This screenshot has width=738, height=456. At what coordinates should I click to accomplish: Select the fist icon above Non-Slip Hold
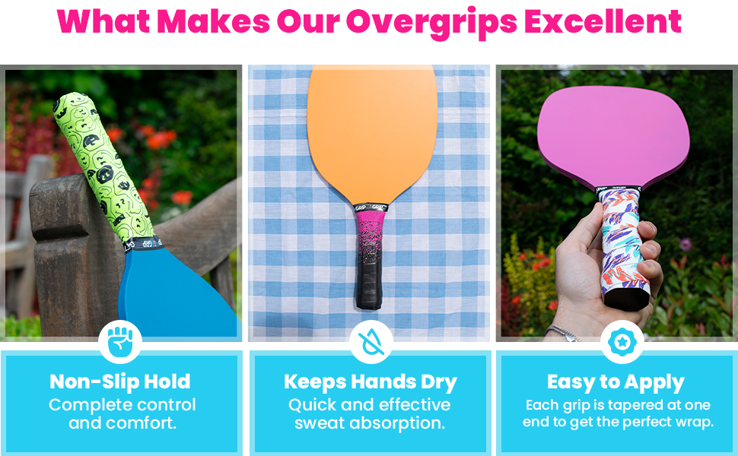[120, 342]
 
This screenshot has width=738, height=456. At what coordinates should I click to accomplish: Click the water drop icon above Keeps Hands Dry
[371, 342]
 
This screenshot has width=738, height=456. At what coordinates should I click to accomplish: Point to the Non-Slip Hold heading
[120, 382]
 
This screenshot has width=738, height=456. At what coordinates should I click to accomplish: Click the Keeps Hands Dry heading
[371, 382]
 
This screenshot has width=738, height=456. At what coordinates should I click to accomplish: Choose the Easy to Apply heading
[616, 382]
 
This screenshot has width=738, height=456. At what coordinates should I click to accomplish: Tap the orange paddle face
[372, 129]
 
